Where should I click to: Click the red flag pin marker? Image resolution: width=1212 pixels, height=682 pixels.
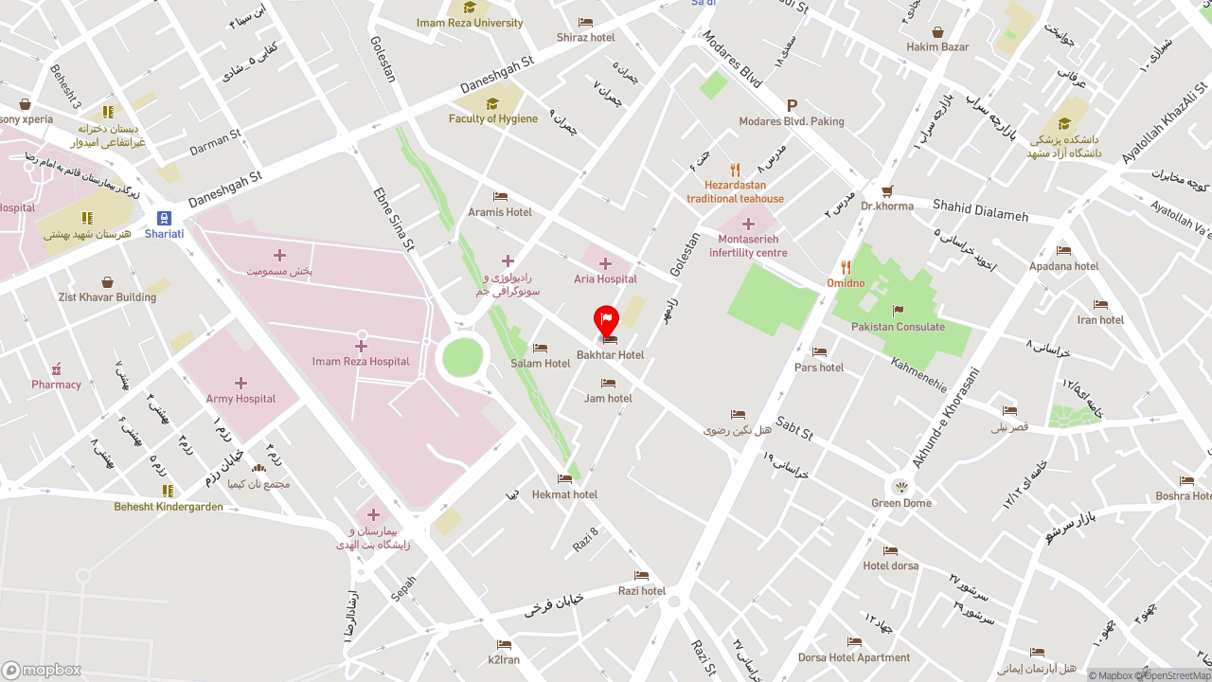tap(606, 320)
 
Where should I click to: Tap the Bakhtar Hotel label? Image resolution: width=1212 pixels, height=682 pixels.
tap(610, 355)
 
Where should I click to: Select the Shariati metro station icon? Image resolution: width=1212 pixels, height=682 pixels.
tap(164, 218)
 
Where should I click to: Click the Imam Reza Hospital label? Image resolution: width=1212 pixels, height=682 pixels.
tap(361, 362)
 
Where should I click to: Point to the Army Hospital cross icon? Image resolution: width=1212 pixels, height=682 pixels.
tap(241, 384)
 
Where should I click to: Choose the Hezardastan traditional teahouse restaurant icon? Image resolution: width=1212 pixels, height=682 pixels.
tap(735, 170)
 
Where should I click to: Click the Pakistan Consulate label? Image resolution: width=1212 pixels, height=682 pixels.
tap(898, 327)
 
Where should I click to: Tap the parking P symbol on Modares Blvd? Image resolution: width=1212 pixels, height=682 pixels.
tap(792, 106)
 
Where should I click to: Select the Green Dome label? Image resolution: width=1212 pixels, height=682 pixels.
tap(901, 503)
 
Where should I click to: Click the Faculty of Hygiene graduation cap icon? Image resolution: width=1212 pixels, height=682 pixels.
tap(492, 103)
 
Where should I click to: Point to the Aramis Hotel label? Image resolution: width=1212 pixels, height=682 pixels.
tap(500, 212)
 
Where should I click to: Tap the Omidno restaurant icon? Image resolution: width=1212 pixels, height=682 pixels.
tap(846, 267)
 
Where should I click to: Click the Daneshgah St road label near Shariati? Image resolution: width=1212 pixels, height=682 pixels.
tap(224, 189)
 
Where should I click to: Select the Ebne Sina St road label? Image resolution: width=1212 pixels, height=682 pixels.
tap(394, 218)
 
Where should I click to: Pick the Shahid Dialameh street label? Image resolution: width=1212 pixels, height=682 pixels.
tap(980, 210)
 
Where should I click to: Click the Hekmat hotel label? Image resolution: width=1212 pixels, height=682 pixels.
tap(564, 494)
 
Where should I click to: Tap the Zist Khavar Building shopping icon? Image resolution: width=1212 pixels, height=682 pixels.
tap(107, 282)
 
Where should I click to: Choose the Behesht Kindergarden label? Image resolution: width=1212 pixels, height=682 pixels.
tap(169, 507)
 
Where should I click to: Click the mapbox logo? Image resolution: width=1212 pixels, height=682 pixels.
tap(42, 671)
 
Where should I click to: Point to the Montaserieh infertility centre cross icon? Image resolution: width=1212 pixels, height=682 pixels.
tap(748, 224)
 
